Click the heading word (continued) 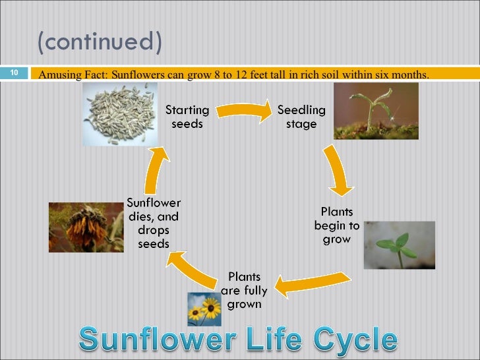click(100, 42)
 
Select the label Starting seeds click(187, 116)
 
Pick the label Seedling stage click(301, 116)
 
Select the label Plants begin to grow click(337, 225)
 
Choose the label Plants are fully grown click(245, 290)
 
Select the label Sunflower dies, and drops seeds click(154, 223)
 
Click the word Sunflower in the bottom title click(158, 340)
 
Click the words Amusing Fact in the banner click(73, 74)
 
